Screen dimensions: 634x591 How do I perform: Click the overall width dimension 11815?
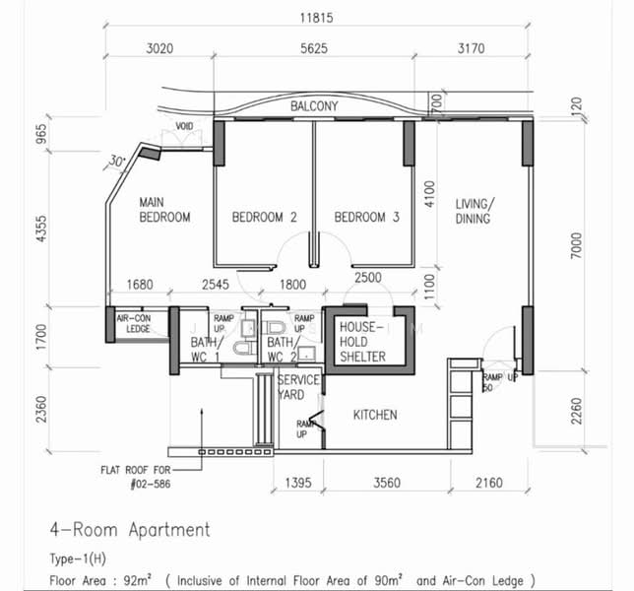click(x=316, y=18)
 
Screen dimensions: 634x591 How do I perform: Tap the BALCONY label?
click(x=314, y=106)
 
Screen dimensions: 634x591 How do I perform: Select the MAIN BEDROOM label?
click(x=164, y=210)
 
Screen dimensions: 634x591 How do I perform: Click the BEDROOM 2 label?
click(x=264, y=218)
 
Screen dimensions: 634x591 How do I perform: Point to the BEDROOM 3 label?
click(x=367, y=218)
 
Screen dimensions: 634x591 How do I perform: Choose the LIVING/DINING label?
click(x=475, y=211)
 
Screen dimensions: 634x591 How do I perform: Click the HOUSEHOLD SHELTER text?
click(x=362, y=342)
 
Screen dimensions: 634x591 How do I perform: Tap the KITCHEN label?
click(x=375, y=415)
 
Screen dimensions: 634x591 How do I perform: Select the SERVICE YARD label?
click(x=298, y=387)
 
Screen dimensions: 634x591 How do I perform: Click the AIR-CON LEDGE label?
click(x=134, y=324)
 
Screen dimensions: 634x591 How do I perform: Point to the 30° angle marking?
click(x=117, y=161)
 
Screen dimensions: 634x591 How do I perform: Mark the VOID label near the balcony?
click(x=184, y=126)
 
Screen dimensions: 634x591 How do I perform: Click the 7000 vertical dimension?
click(x=576, y=245)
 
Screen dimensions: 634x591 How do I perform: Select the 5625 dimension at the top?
click(x=314, y=48)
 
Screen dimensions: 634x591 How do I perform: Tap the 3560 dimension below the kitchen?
click(x=387, y=483)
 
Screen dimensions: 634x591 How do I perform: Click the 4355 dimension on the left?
click(x=41, y=229)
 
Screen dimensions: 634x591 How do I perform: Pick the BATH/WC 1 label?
click(x=206, y=350)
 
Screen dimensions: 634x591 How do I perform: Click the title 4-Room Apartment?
click(x=130, y=530)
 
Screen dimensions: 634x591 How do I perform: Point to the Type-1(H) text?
click(x=78, y=559)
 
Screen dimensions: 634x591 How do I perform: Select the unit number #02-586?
click(x=151, y=484)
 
